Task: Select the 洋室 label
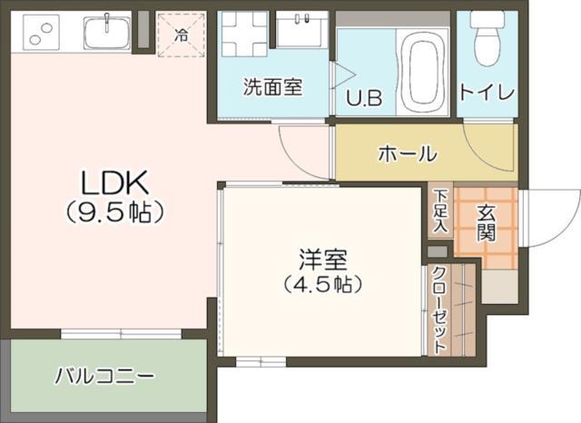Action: click(322, 258)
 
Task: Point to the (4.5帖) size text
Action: click(322, 285)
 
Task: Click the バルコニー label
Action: click(104, 375)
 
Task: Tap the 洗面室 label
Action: click(271, 88)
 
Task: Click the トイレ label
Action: click(487, 92)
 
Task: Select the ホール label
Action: click(407, 153)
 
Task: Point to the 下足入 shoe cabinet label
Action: click(440, 211)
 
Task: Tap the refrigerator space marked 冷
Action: click(181, 35)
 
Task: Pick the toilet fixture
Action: click(487, 38)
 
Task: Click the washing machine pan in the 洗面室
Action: click(244, 34)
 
